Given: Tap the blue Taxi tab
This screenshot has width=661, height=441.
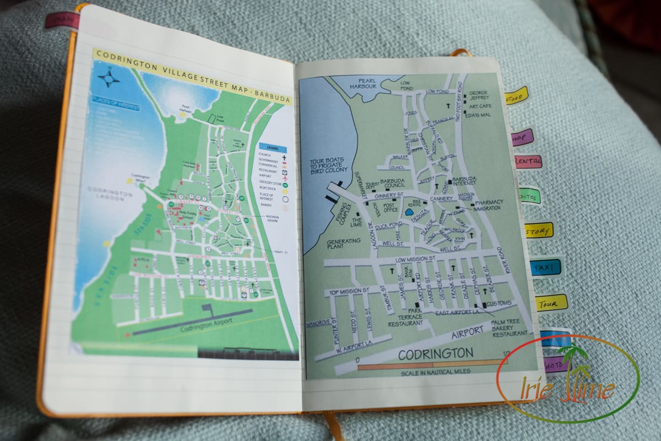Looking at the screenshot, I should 545,267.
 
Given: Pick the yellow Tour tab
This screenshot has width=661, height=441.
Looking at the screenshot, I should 550,303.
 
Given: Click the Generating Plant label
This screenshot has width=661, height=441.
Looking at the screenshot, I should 343,244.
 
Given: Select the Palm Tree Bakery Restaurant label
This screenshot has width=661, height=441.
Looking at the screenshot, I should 510,328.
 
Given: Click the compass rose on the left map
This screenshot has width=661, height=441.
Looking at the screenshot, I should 109,78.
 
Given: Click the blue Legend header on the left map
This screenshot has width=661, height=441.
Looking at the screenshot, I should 273,148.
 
